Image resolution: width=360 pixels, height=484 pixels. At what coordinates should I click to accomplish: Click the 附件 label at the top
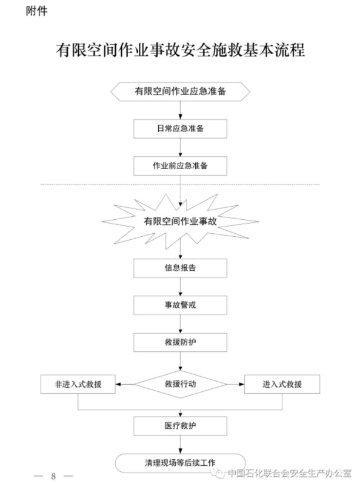point(37,11)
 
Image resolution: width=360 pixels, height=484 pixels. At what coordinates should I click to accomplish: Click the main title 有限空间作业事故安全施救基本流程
point(181,50)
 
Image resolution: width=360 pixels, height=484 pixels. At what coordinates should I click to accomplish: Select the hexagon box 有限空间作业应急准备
point(181,91)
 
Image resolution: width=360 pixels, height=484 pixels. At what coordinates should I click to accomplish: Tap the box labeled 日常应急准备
point(181,128)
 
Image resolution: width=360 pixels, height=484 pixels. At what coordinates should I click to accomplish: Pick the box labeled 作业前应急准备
point(181,166)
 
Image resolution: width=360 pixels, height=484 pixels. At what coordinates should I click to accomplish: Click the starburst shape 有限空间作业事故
point(181,221)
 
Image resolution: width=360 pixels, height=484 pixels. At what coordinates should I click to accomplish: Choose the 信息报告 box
point(181,268)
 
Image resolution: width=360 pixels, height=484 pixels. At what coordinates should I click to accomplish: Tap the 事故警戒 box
point(181,305)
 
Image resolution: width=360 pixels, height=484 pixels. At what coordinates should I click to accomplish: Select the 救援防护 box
point(181,342)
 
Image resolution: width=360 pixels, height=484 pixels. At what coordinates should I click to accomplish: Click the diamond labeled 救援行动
point(181,384)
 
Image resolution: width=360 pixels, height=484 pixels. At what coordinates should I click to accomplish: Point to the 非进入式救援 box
point(78,384)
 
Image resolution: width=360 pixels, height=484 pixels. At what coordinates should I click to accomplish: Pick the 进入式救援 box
point(282,384)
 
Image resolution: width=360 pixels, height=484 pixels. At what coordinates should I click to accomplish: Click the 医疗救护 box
point(181,426)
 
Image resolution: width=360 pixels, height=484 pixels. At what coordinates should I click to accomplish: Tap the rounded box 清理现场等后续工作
point(181,463)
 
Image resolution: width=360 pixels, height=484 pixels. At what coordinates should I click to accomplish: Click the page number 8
point(53,476)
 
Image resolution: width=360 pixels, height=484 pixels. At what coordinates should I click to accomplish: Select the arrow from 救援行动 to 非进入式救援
point(125,384)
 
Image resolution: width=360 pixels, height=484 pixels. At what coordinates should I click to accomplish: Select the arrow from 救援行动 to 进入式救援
point(236,384)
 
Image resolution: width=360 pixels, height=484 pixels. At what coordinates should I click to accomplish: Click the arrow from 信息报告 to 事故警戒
point(181,287)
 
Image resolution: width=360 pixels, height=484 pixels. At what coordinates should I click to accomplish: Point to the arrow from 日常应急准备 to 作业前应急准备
point(181,148)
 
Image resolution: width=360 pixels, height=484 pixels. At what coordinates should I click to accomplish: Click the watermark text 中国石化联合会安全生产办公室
point(290,473)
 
